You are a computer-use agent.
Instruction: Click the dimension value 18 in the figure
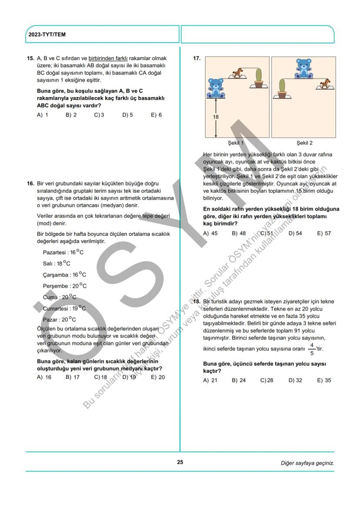[216, 117]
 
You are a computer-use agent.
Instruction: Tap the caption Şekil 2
[304, 143]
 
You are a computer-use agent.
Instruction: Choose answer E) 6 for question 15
[156, 115]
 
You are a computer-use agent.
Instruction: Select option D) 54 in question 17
[295, 233]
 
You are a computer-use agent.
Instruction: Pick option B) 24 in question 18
[239, 380]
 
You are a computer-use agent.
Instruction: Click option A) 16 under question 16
[44, 377]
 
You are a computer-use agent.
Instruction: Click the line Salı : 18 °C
[57, 263]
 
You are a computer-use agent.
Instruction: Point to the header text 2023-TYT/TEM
[47, 34]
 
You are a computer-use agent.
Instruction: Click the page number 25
[180, 462]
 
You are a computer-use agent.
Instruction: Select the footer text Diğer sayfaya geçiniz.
[307, 463]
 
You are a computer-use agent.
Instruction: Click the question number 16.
[30, 183]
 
